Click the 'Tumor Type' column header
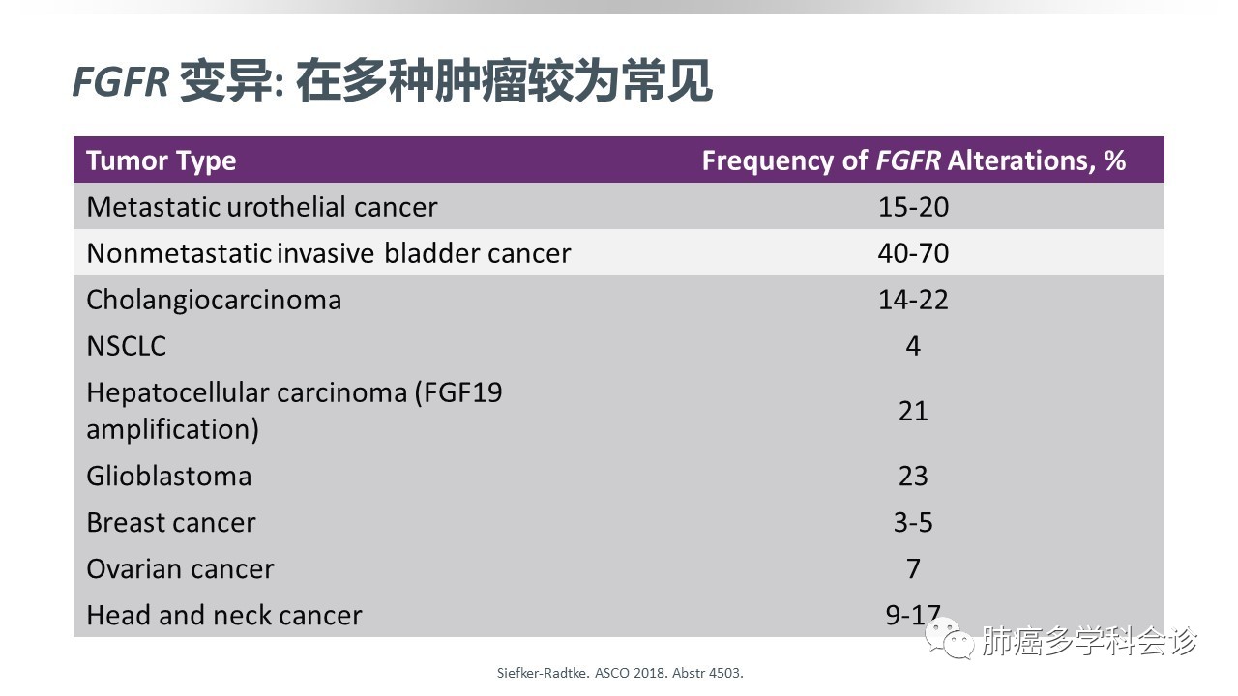[x=162, y=161]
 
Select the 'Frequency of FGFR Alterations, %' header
[x=914, y=160]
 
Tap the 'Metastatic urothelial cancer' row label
[x=262, y=207]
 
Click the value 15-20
[x=913, y=207]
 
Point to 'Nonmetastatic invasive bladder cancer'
[x=329, y=253]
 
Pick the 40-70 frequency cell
[x=913, y=253]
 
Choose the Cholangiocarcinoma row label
[x=214, y=301]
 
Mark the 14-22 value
[x=913, y=300]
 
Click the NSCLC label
[x=127, y=346]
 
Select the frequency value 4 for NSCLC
[x=913, y=346]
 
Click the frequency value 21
[x=913, y=412]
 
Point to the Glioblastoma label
[x=169, y=477]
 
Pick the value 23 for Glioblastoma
[x=913, y=477]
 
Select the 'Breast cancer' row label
[x=171, y=523]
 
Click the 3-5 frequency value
[x=913, y=523]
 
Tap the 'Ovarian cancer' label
[x=180, y=569]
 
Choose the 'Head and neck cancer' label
[x=224, y=616]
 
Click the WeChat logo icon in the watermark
[x=950, y=639]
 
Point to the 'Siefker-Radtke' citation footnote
[x=620, y=673]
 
